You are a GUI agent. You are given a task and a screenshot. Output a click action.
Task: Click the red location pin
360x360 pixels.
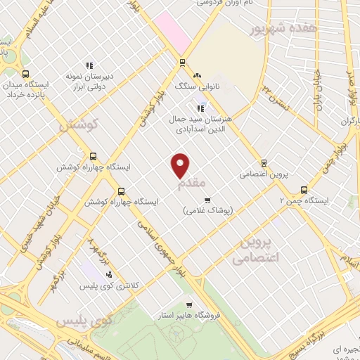click(181, 165)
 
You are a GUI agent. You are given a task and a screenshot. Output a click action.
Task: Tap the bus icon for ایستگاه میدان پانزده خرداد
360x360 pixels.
click(26, 74)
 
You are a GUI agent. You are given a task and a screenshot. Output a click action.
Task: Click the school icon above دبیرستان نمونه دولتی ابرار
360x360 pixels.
click(89, 65)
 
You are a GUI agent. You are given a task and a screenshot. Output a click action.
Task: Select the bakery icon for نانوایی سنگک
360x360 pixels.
click(198, 74)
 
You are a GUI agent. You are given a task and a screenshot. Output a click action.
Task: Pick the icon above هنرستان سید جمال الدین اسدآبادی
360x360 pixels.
click(200, 108)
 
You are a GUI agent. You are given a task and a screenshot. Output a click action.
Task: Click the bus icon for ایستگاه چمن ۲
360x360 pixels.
click(304, 189)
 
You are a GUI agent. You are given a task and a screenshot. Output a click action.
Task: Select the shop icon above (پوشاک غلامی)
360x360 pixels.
click(206, 200)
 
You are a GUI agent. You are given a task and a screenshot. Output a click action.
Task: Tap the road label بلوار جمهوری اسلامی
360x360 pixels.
click(162, 246)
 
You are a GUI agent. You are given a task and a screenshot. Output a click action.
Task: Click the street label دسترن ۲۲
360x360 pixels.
click(275, 96)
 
